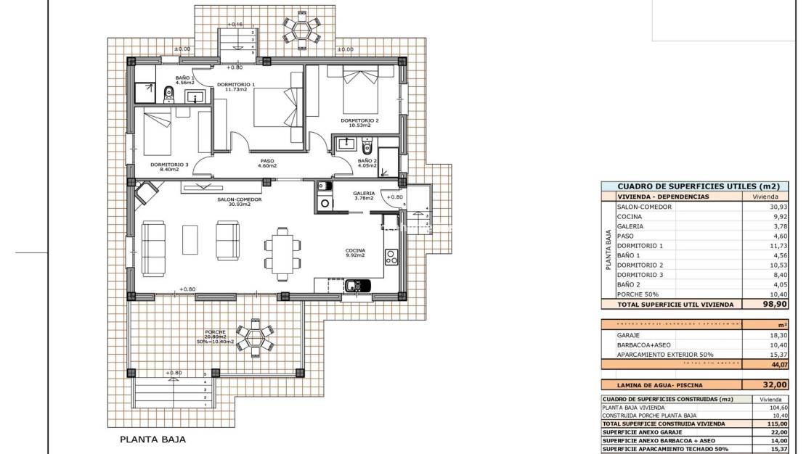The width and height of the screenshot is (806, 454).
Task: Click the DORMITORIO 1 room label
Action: coord(236,85)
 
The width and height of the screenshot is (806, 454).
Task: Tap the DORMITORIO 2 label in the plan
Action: coord(359,120)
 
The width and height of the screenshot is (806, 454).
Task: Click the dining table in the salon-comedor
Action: coord(280,253)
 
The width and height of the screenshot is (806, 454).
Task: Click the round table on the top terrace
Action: coord(301,30)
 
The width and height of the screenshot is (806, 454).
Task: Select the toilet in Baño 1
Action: coord(168,92)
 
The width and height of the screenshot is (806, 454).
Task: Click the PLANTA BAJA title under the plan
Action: coord(152,439)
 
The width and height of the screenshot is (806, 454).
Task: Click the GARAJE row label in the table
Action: coord(628,335)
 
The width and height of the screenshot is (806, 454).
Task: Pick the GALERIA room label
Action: coord(363,194)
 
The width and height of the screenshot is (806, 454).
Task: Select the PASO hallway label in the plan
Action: coord(266,162)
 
